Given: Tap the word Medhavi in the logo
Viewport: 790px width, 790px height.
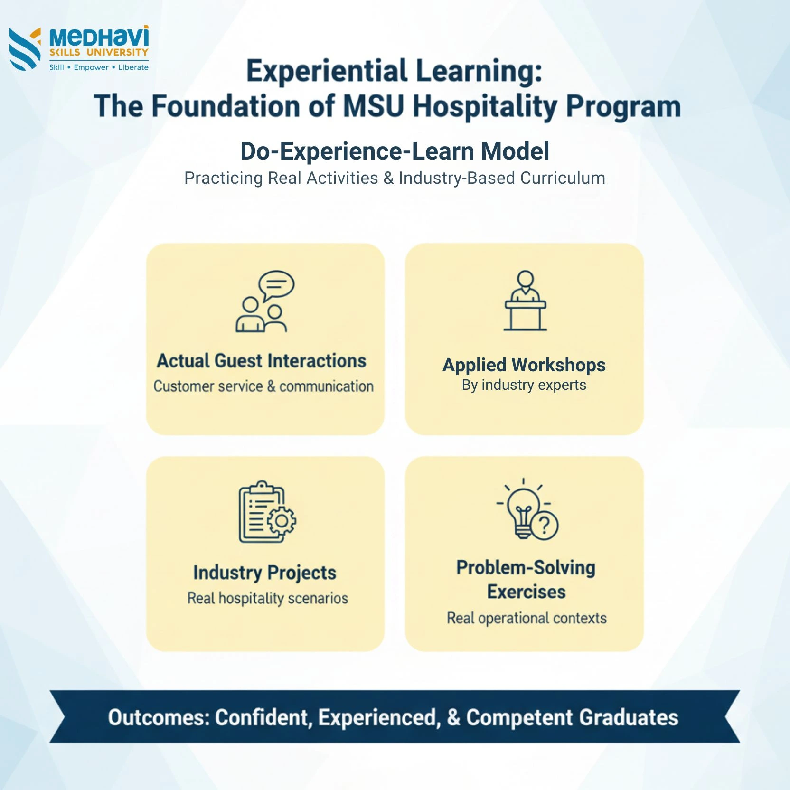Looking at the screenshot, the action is pyautogui.click(x=99, y=37).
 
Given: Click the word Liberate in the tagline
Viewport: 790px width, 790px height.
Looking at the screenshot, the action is pyautogui.click(x=133, y=67).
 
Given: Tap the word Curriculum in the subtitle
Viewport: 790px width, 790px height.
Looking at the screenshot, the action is pyautogui.click(x=563, y=178).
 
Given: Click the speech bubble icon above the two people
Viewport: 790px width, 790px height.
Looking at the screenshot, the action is pyautogui.click(x=276, y=285).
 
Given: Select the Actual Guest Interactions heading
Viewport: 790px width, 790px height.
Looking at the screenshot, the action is pyautogui.click(x=262, y=361).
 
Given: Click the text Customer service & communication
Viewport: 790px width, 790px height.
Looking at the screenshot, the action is pyautogui.click(x=263, y=386).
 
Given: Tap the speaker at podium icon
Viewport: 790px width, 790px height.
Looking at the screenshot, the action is pyautogui.click(x=525, y=301).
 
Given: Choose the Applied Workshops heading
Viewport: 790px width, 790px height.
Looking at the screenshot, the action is pyautogui.click(x=524, y=365).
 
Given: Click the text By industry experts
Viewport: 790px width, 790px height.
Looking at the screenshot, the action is pyautogui.click(x=524, y=385).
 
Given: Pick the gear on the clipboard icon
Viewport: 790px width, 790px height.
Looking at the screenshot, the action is pyautogui.click(x=282, y=521).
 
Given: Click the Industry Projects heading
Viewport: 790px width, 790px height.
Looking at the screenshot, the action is pyautogui.click(x=265, y=573).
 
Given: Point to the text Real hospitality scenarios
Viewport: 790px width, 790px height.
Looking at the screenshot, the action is pyautogui.click(x=268, y=598).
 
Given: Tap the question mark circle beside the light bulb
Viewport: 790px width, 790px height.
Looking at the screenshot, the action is pyautogui.click(x=545, y=525).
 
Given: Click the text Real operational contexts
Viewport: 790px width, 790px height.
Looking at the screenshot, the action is pyautogui.click(x=527, y=618).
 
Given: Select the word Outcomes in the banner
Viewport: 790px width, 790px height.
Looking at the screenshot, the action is pyautogui.click(x=159, y=717).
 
